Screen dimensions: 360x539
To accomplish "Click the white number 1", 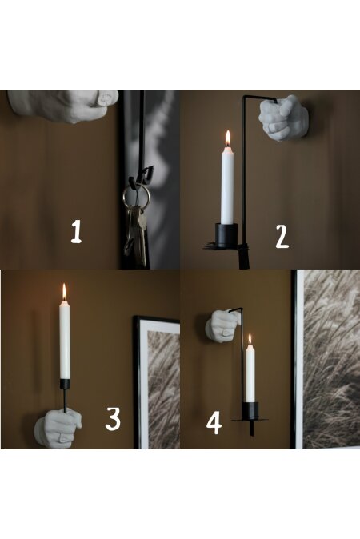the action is [x=76, y=232].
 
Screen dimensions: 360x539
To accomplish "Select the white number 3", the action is [x=113, y=418].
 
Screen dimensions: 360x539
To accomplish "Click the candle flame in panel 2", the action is [x=228, y=138].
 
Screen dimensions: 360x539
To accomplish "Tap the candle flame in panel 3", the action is [x=64, y=292].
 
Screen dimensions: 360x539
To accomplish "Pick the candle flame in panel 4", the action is [x=250, y=339].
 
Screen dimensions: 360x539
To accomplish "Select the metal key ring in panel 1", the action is [x=136, y=194].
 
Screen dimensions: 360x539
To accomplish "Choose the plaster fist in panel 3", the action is [x=58, y=429].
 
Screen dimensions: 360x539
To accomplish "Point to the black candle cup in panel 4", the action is [x=250, y=410].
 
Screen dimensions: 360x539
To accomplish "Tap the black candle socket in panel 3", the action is [x=65, y=384].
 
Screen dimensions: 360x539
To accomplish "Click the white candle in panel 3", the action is [x=65, y=340].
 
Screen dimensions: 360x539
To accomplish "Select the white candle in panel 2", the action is [x=227, y=185].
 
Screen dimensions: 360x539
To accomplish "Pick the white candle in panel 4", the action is [x=250, y=373].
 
